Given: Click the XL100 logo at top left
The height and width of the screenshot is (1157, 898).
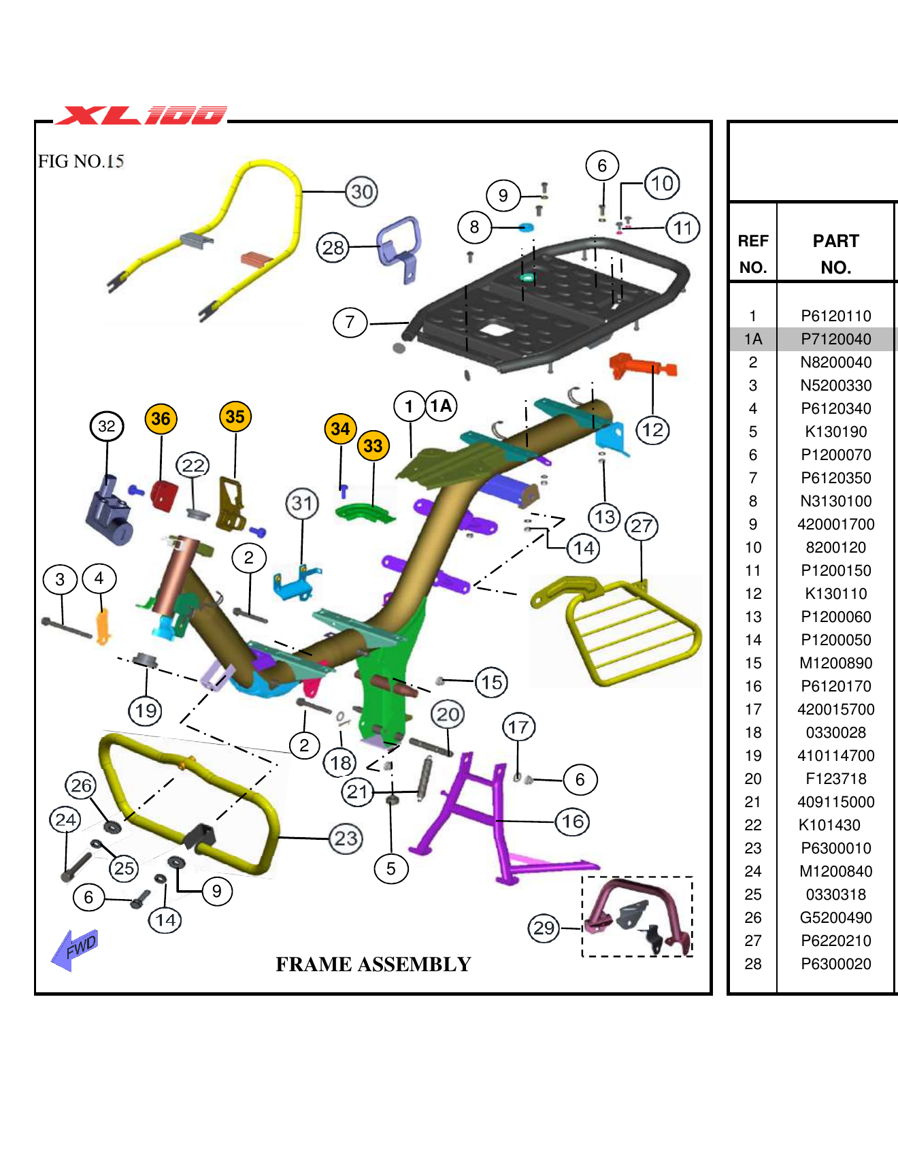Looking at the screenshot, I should coord(141,115).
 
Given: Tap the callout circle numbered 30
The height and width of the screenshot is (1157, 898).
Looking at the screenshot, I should coord(361,192).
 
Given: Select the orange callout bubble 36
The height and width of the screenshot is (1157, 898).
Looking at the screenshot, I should coord(161,419).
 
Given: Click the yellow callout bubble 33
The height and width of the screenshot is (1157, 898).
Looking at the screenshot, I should coord(373,446).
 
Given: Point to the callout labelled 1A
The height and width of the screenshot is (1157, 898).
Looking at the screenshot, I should coord(441,406).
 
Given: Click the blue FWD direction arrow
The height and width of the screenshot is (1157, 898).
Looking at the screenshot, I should coord(76,948).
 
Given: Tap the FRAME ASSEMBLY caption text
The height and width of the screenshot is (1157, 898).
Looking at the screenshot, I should coord(373,964).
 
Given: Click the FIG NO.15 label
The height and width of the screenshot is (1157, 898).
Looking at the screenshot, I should coord(81,161).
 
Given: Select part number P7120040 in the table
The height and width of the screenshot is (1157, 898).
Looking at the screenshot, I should coord(835,339).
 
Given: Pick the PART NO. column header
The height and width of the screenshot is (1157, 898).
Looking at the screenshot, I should coord(835,254).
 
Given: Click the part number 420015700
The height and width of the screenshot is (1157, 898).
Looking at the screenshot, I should coord(835,709).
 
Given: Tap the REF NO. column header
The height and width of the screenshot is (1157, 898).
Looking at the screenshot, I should coord(752,254).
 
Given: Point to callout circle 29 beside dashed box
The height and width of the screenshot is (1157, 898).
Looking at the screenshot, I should coord(544,928).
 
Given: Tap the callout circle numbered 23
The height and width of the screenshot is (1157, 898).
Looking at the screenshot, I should coord(346,838).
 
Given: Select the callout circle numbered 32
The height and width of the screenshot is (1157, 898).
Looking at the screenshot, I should coord(107,426).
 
